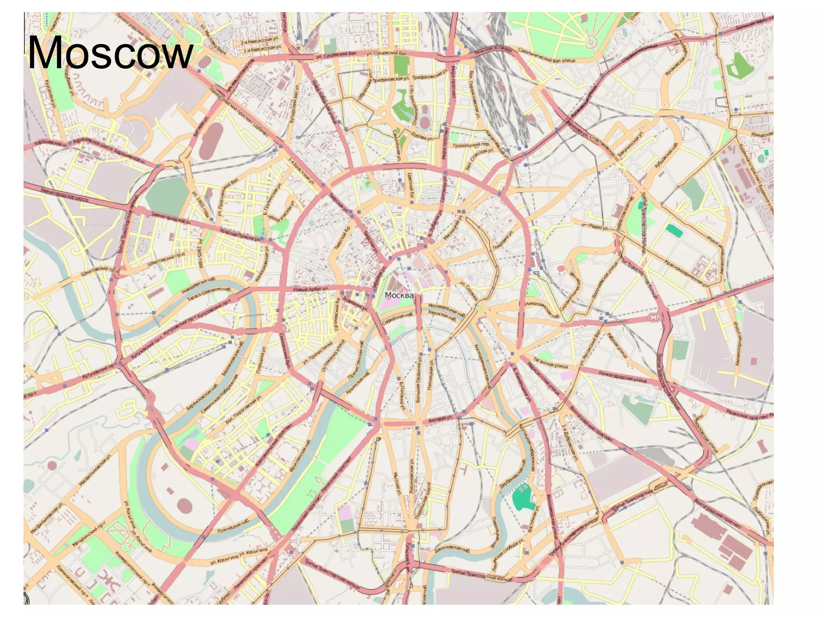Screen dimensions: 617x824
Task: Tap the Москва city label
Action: [399, 295]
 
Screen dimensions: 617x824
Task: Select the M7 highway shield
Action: [655, 318]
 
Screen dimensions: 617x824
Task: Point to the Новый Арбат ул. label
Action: [311, 289]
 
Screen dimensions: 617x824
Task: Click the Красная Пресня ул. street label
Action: [240, 235]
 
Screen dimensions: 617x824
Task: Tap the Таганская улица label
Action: [550, 363]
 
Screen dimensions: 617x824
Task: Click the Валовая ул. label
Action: [441, 419]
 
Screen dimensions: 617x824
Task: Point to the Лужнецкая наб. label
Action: [233, 525]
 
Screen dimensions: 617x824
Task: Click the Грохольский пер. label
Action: [471, 144]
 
